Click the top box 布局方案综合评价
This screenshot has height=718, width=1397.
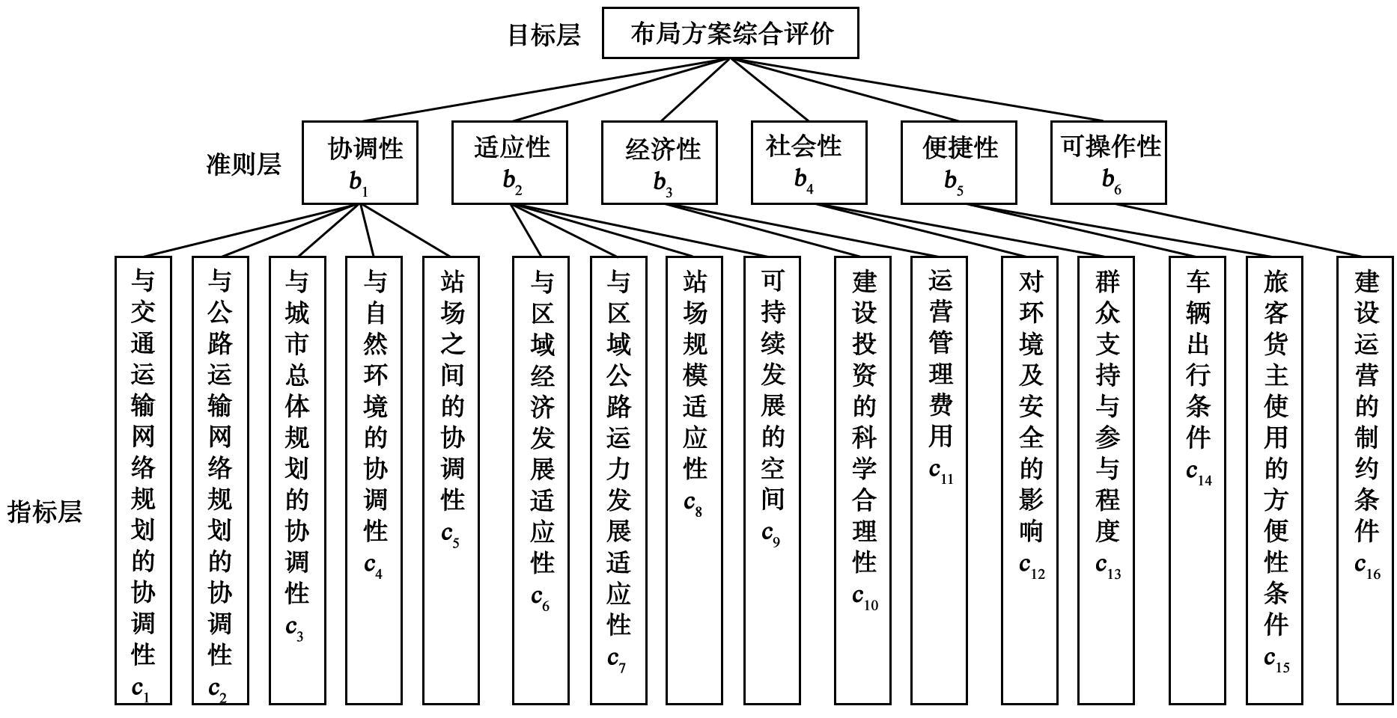(730, 33)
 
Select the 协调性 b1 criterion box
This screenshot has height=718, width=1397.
(360, 162)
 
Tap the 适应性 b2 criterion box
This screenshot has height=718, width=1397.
(510, 162)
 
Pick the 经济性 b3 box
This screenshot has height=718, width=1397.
(660, 162)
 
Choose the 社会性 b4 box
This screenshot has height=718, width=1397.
(809, 162)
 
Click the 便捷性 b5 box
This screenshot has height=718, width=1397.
(959, 162)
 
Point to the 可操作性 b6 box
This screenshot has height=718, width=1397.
(1109, 162)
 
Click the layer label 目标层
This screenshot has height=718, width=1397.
(544, 35)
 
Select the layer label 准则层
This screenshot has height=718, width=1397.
(243, 164)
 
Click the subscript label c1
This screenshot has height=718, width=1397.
(141, 688)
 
